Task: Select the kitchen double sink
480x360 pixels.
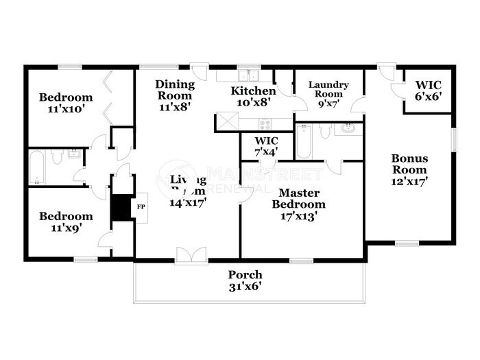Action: (248, 75)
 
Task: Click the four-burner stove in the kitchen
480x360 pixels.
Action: (265, 123)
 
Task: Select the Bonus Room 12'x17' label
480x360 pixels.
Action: (409, 169)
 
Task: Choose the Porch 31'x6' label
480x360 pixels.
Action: (245, 281)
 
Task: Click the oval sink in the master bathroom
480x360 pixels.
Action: (348, 128)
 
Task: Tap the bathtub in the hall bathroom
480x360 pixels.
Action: (36, 168)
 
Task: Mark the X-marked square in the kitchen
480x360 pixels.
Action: (226, 122)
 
